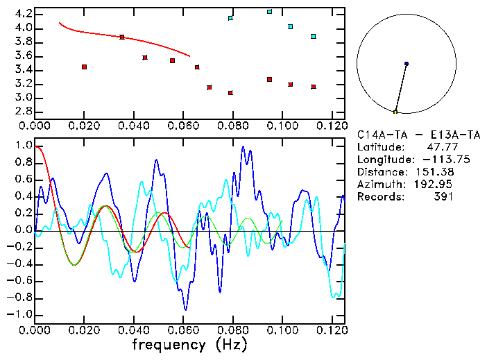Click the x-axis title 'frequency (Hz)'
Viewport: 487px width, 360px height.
tap(189, 345)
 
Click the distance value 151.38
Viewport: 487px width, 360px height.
tap(435, 172)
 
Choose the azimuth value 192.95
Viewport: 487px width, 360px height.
tap(435, 185)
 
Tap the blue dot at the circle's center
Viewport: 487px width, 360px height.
tap(407, 64)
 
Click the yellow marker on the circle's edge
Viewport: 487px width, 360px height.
tap(395, 112)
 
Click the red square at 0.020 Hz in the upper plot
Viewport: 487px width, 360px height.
tap(84, 67)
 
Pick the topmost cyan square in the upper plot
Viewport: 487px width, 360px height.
tap(270, 12)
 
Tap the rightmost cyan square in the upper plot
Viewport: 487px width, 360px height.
tap(314, 36)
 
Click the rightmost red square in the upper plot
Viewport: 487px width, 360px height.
tap(314, 87)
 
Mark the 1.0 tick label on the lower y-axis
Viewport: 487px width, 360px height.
tap(24, 146)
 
